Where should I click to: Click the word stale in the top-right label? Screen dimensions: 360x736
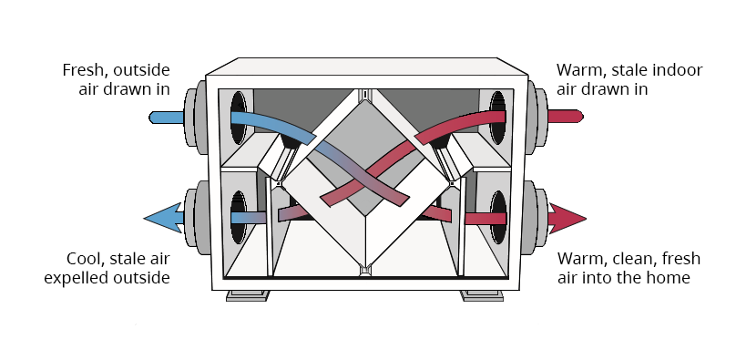(x=622, y=70)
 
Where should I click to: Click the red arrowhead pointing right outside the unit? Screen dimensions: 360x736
(x=567, y=219)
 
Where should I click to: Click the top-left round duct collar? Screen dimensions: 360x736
(x=194, y=117)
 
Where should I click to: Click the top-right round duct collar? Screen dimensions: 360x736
(x=536, y=117)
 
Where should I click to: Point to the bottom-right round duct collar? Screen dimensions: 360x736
(x=537, y=219)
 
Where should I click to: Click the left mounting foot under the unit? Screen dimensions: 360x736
(x=248, y=294)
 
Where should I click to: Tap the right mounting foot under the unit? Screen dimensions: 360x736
(x=482, y=294)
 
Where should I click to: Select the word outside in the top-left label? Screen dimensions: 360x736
(x=139, y=70)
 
